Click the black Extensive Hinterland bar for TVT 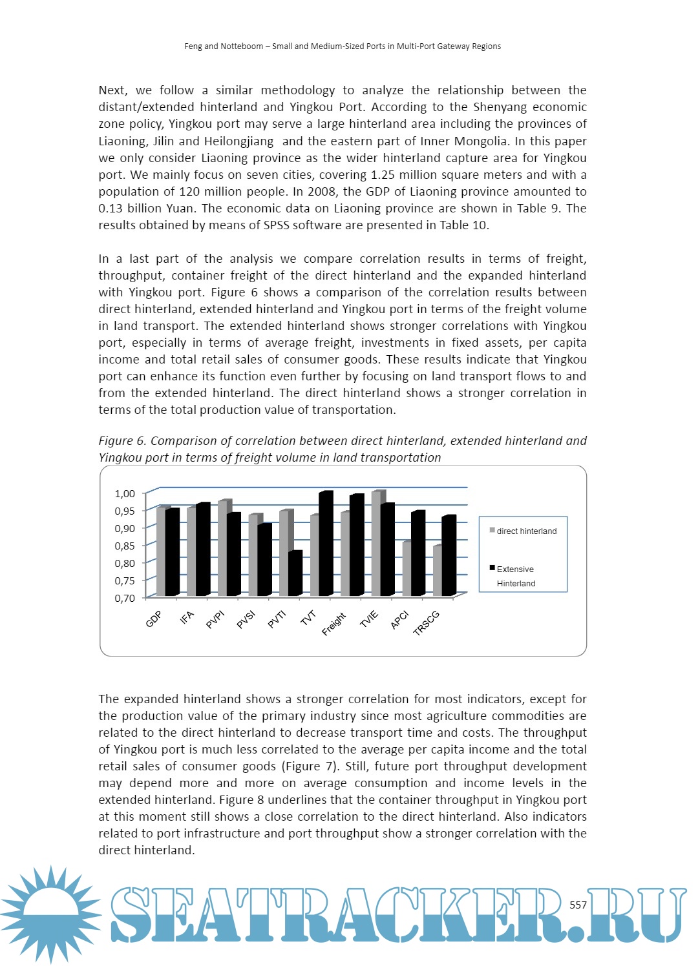tap(326, 544)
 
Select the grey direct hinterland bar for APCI tap(407, 569)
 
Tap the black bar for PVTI tap(295, 573)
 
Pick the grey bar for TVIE tap(376, 543)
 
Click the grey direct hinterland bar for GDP tap(160, 552)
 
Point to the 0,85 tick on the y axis tap(125, 546)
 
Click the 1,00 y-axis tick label tap(125, 493)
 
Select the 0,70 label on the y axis tap(125, 598)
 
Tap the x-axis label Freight tap(334, 624)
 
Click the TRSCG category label tap(427, 623)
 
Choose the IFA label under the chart tap(187, 618)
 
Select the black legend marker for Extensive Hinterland tap(492, 568)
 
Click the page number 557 tap(578, 905)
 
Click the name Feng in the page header tap(193, 46)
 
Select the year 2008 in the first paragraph tap(323, 192)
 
